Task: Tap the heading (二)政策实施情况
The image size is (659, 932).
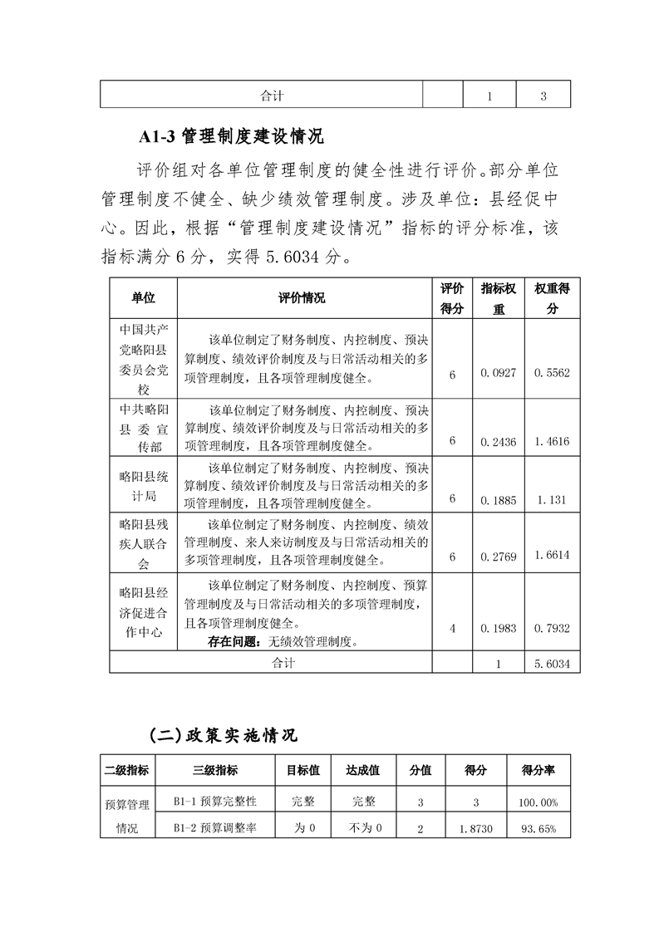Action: click(x=223, y=735)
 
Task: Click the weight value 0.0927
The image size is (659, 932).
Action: click(x=498, y=374)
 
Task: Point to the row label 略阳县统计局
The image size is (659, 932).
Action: click(x=144, y=486)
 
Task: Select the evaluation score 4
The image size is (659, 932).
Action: click(x=452, y=629)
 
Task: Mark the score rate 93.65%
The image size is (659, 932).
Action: click(x=539, y=829)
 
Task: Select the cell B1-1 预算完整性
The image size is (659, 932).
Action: click(x=214, y=802)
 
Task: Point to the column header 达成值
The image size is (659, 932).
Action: click(x=362, y=770)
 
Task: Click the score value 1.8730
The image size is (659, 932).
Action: click(x=475, y=829)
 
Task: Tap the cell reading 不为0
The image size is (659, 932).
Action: click(x=362, y=828)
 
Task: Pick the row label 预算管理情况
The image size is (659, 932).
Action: click(x=126, y=815)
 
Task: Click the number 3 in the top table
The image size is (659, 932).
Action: click(x=543, y=96)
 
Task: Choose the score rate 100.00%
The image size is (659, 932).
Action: click(x=539, y=802)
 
